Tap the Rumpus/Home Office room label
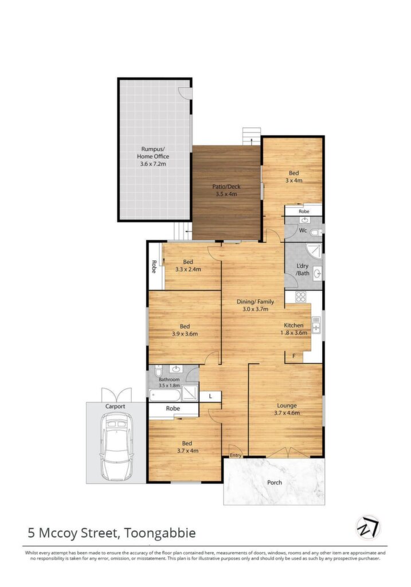pyautogui.click(x=153, y=156)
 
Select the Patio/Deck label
pyautogui.click(x=226, y=190)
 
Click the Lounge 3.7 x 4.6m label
pyautogui.click(x=287, y=409)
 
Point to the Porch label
pyautogui.click(x=275, y=483)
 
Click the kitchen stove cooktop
pyautogui.click(x=301, y=297)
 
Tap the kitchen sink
pyautogui.click(x=316, y=325)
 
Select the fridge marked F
pyautogui.click(x=294, y=356)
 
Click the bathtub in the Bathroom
pyautogui.click(x=165, y=395)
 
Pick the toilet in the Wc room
pyautogui.click(x=315, y=233)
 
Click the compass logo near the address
pyautogui.click(x=367, y=527)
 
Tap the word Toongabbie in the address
pyautogui.click(x=160, y=533)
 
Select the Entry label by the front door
pyautogui.click(x=236, y=455)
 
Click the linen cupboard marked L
pyautogui.click(x=210, y=396)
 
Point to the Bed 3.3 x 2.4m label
pyautogui.click(x=188, y=265)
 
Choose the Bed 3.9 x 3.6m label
pyautogui.click(x=185, y=330)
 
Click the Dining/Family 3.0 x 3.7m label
pyautogui.click(x=255, y=305)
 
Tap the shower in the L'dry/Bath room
pyautogui.click(x=313, y=251)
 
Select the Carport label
pyautogui.click(x=115, y=406)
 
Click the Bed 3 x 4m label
pyautogui.click(x=294, y=177)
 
